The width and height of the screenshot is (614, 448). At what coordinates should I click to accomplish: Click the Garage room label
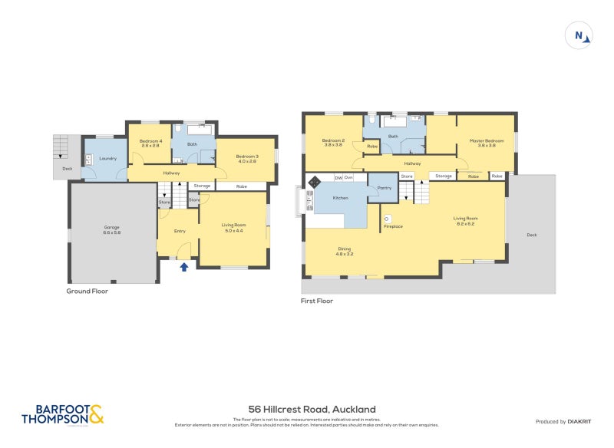click(x=112, y=229)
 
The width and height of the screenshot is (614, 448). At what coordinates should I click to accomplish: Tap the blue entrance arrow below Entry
click(x=183, y=267)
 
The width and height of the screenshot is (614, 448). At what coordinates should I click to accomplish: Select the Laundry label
click(x=107, y=158)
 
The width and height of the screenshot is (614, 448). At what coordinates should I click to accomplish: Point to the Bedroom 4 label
click(x=150, y=143)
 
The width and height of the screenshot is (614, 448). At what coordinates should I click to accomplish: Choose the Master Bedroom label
click(x=490, y=142)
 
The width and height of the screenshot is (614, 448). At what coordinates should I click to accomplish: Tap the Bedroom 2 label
click(x=333, y=142)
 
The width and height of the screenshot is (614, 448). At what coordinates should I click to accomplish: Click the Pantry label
click(x=385, y=187)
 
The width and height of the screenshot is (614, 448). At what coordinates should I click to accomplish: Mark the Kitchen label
click(x=340, y=198)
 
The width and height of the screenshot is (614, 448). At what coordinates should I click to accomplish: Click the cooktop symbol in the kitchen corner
click(x=314, y=183)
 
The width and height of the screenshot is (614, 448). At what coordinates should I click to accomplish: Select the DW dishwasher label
click(x=338, y=177)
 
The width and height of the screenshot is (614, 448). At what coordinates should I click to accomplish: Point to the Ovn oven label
click(x=348, y=177)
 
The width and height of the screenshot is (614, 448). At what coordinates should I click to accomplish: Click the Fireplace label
click(x=393, y=226)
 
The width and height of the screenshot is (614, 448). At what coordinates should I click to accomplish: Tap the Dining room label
click(x=345, y=250)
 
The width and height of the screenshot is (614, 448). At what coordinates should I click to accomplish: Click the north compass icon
click(x=580, y=35)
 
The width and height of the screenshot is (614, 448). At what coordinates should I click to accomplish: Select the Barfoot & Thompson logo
click(x=62, y=415)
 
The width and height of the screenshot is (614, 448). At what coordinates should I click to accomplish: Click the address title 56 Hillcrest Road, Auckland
click(x=312, y=410)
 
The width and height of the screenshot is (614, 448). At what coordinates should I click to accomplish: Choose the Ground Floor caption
click(x=87, y=292)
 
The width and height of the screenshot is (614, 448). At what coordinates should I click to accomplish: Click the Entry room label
click(x=180, y=231)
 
